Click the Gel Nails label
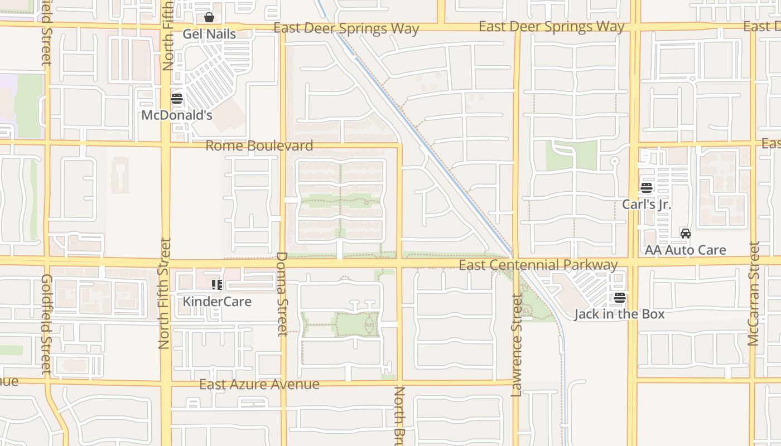point(209,34)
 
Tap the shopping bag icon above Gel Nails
point(209,18)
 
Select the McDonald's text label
point(177,115)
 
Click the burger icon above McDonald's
point(177,99)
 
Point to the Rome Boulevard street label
point(259,146)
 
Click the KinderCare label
point(217,302)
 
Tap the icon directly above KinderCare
point(217,285)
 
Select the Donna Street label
point(282,294)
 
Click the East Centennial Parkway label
point(538,265)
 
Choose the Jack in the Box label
point(619,314)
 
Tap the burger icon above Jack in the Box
point(619,298)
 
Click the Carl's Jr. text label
point(647,204)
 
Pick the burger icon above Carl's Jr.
point(647,188)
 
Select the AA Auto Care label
point(686,250)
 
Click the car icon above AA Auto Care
point(686,234)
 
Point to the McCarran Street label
point(754,294)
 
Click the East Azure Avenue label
point(259,384)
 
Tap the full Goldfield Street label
point(46,323)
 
